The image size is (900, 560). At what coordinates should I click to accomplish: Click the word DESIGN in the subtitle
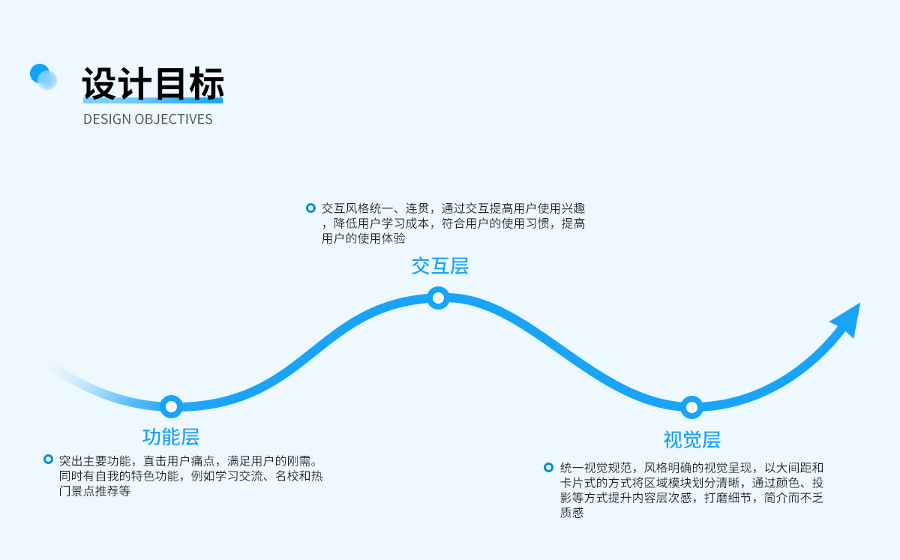pyautogui.click(x=106, y=119)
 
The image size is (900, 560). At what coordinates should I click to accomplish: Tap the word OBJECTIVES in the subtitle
pyautogui.click(x=173, y=119)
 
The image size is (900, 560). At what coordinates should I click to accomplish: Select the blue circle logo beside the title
pyautogui.click(x=43, y=76)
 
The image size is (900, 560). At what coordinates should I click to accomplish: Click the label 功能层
pyautogui.click(x=171, y=437)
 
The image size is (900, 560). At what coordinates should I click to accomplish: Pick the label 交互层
pyautogui.click(x=440, y=266)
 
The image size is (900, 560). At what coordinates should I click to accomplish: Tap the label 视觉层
pyautogui.click(x=691, y=440)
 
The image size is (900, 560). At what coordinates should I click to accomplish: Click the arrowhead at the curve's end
pyautogui.click(x=848, y=319)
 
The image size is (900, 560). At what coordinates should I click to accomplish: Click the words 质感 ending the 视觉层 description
pyautogui.click(x=571, y=513)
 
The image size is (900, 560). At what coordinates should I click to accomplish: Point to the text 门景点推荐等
pyautogui.click(x=94, y=491)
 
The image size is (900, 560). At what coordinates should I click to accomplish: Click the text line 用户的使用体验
pyautogui.click(x=363, y=238)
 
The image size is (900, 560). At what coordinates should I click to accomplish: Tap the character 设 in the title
pyautogui.click(x=100, y=83)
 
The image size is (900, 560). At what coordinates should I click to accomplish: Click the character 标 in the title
pyautogui.click(x=206, y=83)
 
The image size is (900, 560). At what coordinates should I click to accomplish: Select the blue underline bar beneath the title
pyautogui.click(x=153, y=100)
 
